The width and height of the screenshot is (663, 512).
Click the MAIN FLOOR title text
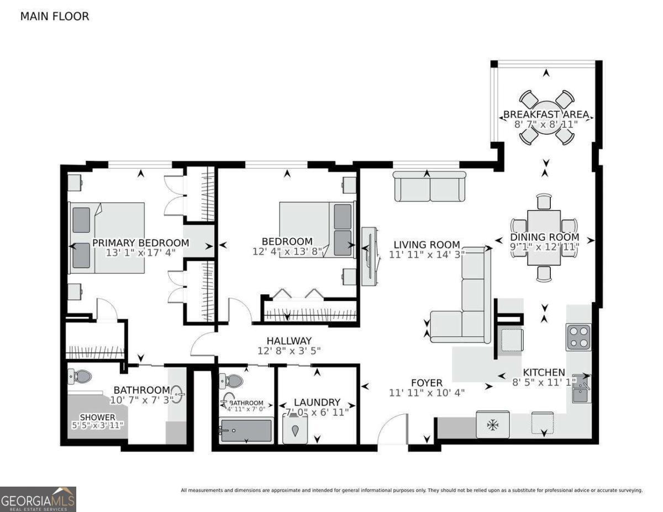(55, 17)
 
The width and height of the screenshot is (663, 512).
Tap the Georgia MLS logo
(38, 499)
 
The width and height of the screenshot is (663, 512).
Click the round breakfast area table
(546, 118)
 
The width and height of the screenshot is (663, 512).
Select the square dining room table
(544, 238)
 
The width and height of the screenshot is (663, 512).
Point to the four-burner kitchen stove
(578, 337)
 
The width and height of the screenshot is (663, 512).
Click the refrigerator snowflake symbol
(492, 425)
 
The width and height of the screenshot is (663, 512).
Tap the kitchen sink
(581, 388)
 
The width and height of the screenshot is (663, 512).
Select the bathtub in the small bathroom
(246, 431)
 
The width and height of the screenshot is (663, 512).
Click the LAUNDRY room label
(317, 402)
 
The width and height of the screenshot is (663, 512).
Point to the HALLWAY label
(289, 340)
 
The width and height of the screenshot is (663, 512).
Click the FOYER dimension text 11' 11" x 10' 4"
(427, 393)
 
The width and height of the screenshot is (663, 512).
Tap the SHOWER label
(98, 417)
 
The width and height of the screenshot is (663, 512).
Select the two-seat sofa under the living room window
(430, 186)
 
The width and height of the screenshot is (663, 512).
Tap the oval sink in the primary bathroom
(178, 394)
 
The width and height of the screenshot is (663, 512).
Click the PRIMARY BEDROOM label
(141, 242)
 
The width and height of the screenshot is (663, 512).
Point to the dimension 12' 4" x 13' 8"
(287, 251)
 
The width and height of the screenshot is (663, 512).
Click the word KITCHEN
(544, 372)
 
